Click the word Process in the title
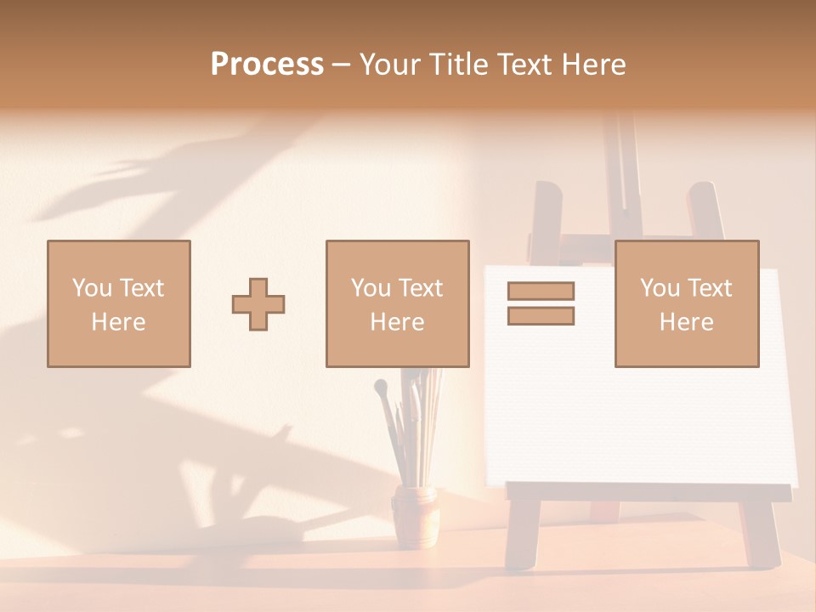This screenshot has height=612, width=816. (x=267, y=65)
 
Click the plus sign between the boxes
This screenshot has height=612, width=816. (x=258, y=303)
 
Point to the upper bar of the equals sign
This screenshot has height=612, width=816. (x=541, y=291)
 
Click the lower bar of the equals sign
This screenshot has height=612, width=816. (x=541, y=316)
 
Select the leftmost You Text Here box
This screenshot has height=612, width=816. (x=119, y=303)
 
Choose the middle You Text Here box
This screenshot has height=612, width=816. (x=397, y=303)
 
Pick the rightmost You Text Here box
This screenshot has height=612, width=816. (x=687, y=303)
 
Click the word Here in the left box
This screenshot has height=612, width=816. (x=118, y=322)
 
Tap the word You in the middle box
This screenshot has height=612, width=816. (x=371, y=288)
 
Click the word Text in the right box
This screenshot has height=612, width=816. (x=710, y=288)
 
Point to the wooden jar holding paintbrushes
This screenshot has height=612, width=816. (x=414, y=515)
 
